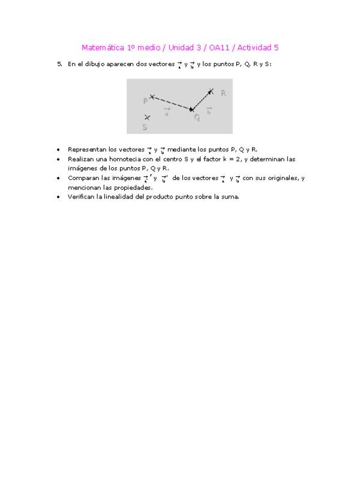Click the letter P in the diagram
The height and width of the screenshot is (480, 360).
pyautogui.click(x=145, y=101)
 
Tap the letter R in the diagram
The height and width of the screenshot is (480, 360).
pyautogui.click(x=223, y=94)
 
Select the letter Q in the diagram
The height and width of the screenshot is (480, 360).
pyautogui.click(x=197, y=118)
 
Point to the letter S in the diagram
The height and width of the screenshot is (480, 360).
pyautogui.click(x=145, y=127)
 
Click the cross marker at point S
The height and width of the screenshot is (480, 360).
pyautogui.click(x=147, y=117)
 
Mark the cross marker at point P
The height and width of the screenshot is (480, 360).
pyautogui.click(x=152, y=96)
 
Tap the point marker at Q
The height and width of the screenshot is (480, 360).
pyautogui.click(x=191, y=109)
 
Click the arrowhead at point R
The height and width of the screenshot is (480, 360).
pyautogui.click(x=210, y=92)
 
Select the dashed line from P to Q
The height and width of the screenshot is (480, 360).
pyautogui.click(x=172, y=103)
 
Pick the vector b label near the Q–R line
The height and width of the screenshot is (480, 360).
pyautogui.click(x=209, y=110)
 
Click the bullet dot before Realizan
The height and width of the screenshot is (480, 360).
pyautogui.click(x=58, y=160)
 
